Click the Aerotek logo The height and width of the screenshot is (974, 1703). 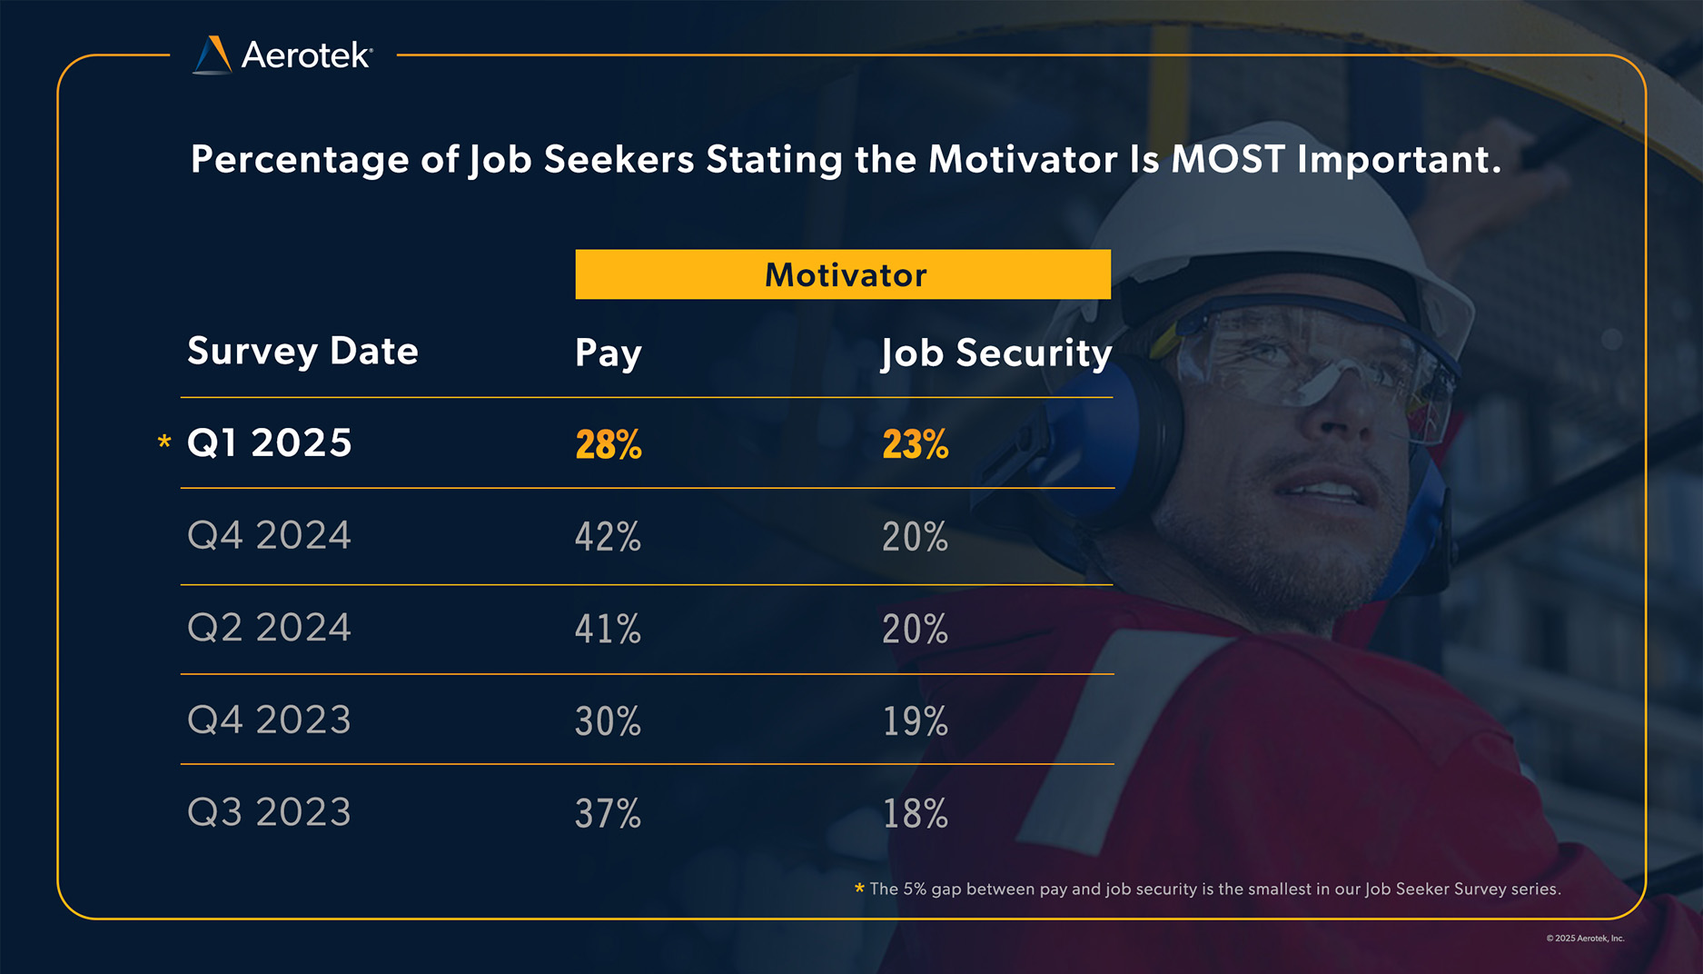click(282, 55)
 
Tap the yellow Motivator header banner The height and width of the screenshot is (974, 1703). click(843, 274)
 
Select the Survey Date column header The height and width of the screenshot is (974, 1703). click(302, 352)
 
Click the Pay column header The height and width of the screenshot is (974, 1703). click(608, 353)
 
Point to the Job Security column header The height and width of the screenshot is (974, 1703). click(996, 353)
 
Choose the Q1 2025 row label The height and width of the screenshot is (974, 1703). click(269, 443)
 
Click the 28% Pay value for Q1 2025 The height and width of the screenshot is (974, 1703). click(608, 445)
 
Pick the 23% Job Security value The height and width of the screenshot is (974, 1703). click(915, 445)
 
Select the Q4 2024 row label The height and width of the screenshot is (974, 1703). click(269, 535)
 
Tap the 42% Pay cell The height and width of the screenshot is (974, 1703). click(608, 537)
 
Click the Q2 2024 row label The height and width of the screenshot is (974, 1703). click(269, 628)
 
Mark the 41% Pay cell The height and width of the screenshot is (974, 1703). click(608, 629)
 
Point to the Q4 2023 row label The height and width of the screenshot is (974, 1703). click(269, 720)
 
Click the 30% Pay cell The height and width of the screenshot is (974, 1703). click(608, 721)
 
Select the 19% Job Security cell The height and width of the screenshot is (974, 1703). click(915, 721)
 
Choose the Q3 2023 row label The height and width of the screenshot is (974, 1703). click(269, 812)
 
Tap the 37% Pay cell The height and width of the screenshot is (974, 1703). click(608, 813)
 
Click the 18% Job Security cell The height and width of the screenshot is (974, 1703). click(915, 813)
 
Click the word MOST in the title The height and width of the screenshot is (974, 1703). click(1228, 160)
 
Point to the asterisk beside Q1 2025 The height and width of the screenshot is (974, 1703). click(164, 442)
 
